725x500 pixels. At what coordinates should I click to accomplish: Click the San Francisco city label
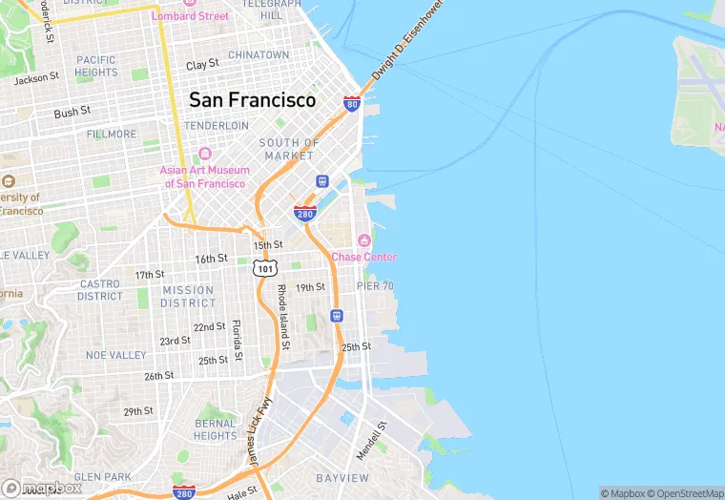click(x=252, y=99)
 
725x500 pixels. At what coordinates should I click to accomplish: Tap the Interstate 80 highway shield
click(x=352, y=103)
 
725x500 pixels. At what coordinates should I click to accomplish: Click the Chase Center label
click(x=363, y=257)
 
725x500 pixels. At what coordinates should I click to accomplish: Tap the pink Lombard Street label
click(x=190, y=16)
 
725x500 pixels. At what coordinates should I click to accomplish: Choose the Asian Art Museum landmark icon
click(x=204, y=156)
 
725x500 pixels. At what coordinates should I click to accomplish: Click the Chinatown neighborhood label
click(x=258, y=55)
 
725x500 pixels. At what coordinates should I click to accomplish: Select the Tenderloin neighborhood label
click(x=216, y=126)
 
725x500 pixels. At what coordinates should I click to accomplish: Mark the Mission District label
click(x=188, y=297)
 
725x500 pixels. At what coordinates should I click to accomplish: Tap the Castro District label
click(x=100, y=290)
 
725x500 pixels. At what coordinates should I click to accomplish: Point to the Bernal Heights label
click(x=215, y=429)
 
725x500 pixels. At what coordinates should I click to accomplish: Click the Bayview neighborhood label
click(x=342, y=477)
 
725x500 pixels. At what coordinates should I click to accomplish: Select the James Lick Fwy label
click(x=254, y=431)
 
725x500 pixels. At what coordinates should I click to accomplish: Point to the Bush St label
click(x=72, y=112)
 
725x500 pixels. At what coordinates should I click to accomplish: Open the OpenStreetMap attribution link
click(x=685, y=493)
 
